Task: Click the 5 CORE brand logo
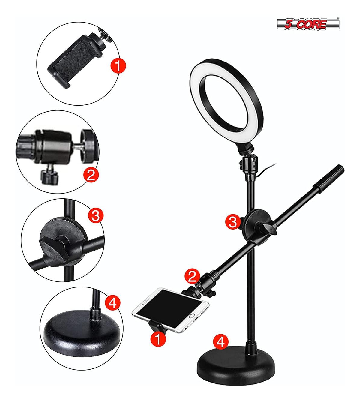click(308, 24)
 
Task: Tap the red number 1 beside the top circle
click(118, 65)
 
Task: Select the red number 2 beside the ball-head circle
click(91, 174)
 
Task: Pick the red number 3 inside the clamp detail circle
click(95, 215)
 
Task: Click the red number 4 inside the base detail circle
click(112, 303)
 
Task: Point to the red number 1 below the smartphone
click(158, 339)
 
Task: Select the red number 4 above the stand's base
click(220, 341)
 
